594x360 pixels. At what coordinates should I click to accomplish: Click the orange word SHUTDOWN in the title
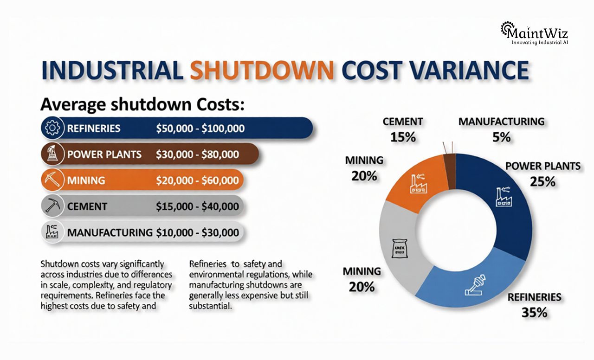tap(262, 70)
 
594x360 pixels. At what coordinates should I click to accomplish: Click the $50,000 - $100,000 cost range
tap(200, 129)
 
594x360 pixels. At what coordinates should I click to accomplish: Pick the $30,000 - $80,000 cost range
tap(198, 154)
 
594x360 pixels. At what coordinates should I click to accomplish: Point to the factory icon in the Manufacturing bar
tap(51, 231)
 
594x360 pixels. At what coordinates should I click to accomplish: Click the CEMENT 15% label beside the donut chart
tap(403, 129)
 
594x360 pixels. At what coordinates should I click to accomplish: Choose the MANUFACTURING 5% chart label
tap(501, 129)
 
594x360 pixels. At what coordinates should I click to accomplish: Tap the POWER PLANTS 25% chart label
tap(542, 174)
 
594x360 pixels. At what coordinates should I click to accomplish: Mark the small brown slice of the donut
tap(450, 171)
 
